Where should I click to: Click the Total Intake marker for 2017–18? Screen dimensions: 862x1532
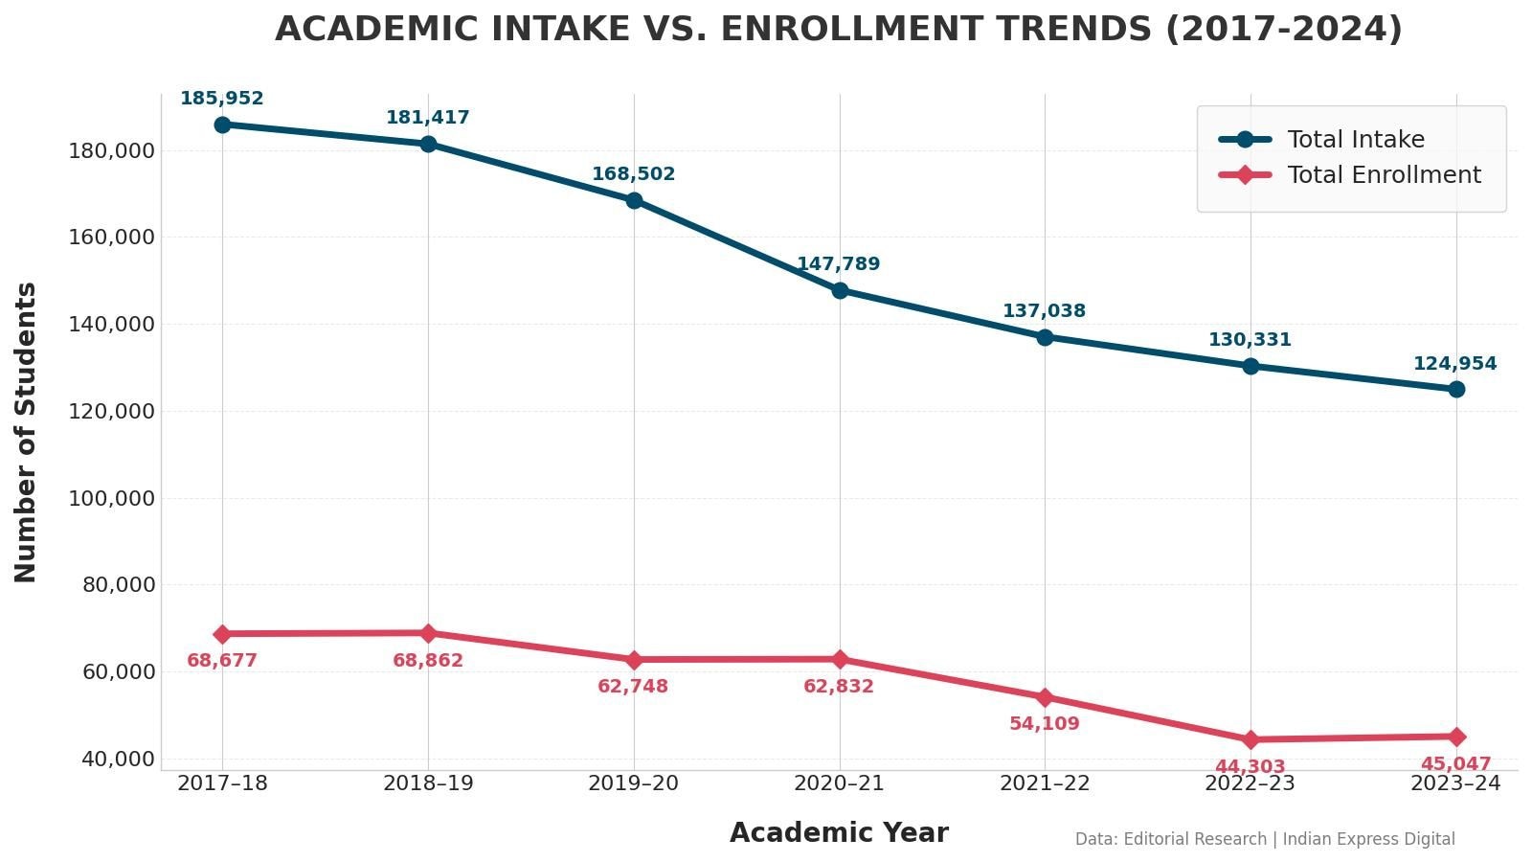pos(222,125)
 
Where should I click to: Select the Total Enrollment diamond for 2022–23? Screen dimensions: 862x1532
pos(1250,739)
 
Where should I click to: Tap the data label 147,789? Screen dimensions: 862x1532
pos(839,264)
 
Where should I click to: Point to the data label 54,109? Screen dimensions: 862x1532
pos(1045,724)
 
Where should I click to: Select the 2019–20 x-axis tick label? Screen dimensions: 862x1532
pos(633,783)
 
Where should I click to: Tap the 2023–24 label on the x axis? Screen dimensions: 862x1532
pos(1455,783)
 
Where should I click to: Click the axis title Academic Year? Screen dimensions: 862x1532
pos(839,833)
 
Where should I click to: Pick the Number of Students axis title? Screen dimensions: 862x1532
pos(26,432)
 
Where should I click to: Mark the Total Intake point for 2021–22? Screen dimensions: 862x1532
pos(1045,337)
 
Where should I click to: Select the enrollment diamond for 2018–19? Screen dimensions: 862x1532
pos(428,633)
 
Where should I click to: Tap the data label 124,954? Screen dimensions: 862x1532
pos(1455,364)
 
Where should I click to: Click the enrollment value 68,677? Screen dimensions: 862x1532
pos(222,661)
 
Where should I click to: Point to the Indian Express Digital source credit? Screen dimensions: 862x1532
pos(1368,839)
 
